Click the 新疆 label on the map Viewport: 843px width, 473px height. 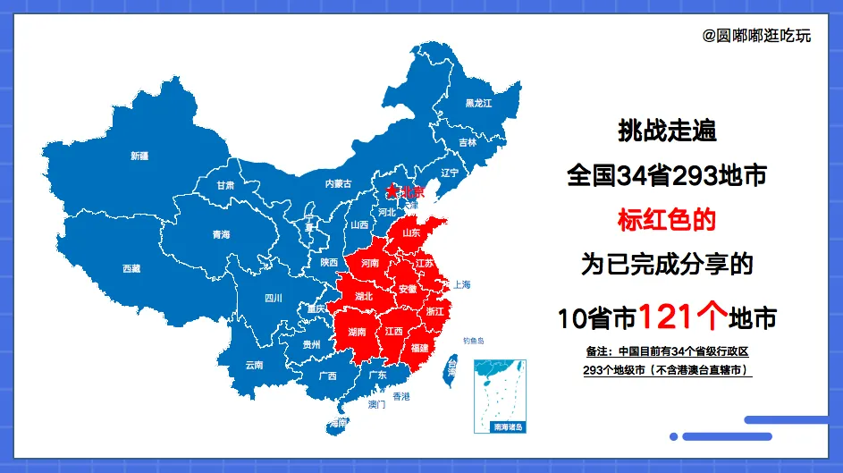(x=139, y=156)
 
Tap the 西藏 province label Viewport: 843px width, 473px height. (x=131, y=268)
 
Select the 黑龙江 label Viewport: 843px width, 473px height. (x=478, y=104)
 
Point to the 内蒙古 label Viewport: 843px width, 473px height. (x=338, y=183)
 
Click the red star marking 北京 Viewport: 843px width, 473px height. (x=391, y=191)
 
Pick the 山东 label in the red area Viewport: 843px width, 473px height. (x=411, y=232)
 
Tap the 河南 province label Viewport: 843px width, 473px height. (x=369, y=265)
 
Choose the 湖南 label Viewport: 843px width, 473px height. (x=357, y=332)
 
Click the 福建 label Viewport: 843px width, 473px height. (x=418, y=348)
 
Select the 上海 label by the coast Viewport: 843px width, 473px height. (x=461, y=284)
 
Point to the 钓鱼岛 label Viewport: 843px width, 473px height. (x=473, y=341)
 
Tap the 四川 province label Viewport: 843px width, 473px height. (x=273, y=299)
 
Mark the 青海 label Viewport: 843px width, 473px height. (x=221, y=234)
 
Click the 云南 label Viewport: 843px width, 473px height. (x=254, y=365)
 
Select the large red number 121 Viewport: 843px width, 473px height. (x=670, y=316)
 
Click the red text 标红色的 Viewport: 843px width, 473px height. (x=667, y=219)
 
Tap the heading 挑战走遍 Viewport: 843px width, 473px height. (x=667, y=131)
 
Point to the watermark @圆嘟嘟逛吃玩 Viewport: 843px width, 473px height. (x=756, y=36)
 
